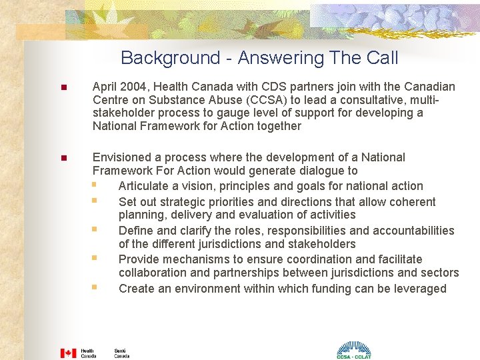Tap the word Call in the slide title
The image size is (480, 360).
click(x=382, y=59)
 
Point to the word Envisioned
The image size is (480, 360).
click(x=124, y=157)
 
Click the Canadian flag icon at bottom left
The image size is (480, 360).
click(x=68, y=353)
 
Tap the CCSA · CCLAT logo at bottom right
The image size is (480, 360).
click(x=353, y=349)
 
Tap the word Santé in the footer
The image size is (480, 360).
click(x=120, y=350)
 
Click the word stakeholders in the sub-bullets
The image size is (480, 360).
click(x=315, y=244)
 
